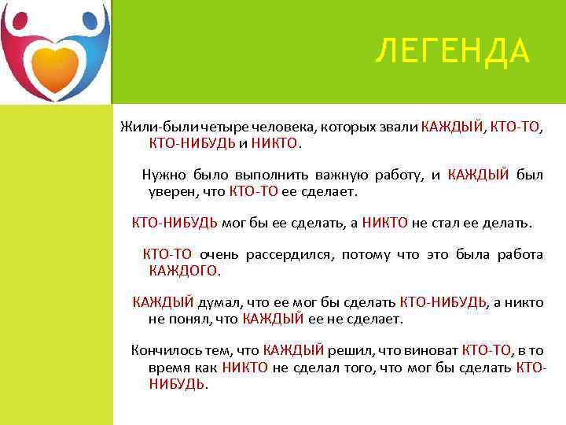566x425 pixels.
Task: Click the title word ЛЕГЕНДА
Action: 452,53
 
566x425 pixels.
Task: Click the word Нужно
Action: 160,175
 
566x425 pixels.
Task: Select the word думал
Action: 219,302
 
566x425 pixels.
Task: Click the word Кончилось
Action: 161,350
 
